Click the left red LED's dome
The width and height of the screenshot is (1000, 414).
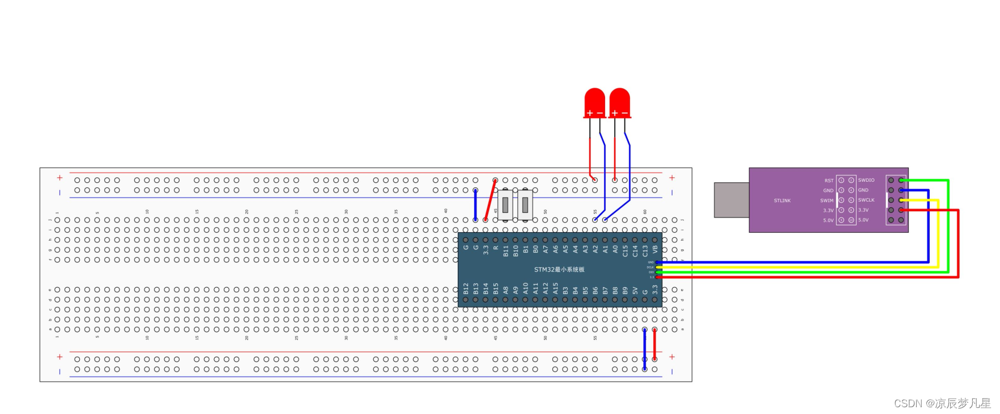(594, 100)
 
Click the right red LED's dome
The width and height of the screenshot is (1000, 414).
(619, 100)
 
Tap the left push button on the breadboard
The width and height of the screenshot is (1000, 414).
(505, 204)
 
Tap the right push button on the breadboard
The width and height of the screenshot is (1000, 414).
(525, 204)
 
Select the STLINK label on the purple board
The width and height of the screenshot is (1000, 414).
(782, 200)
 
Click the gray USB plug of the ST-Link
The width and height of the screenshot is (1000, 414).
(731, 200)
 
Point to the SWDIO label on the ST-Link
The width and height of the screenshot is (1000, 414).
(866, 180)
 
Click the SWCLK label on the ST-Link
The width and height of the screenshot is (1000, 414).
(866, 200)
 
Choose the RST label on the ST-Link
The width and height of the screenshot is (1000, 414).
(828, 181)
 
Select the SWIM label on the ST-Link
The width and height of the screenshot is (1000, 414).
(827, 200)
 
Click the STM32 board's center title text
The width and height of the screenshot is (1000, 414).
(559, 270)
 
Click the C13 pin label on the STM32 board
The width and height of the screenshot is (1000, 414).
(645, 250)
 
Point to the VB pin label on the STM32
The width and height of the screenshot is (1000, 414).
(655, 249)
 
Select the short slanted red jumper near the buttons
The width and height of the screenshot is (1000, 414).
(490, 200)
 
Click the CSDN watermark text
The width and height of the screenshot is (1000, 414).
(942, 403)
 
